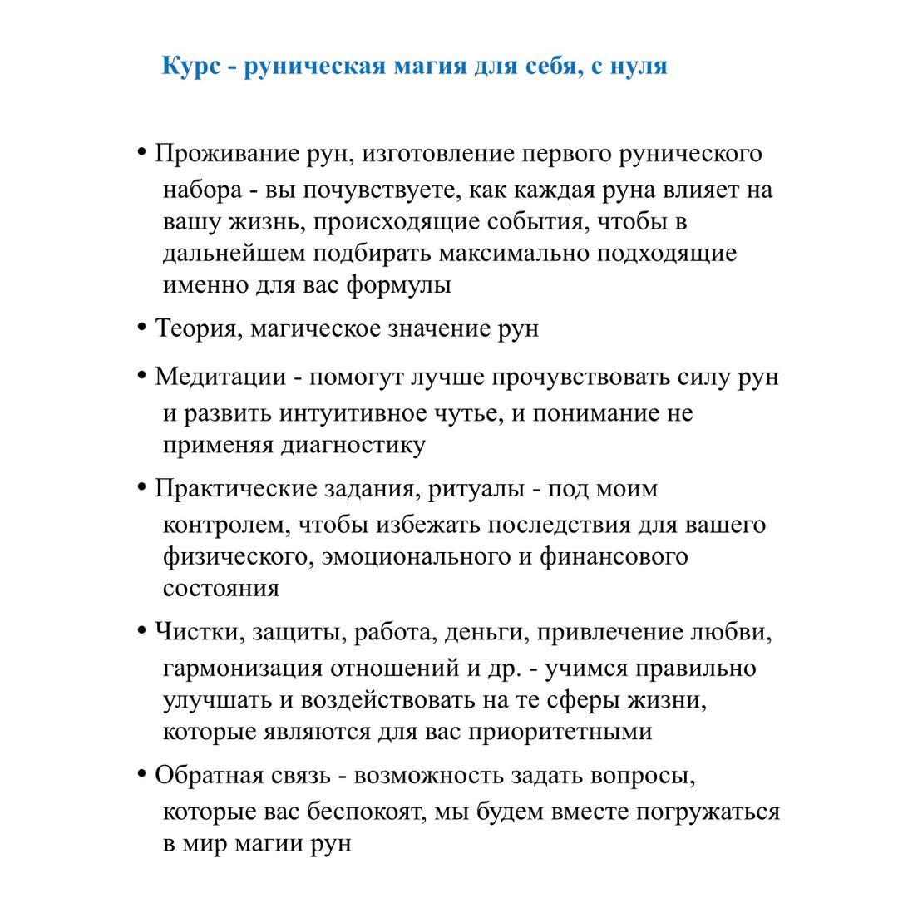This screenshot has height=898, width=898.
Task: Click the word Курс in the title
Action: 191,66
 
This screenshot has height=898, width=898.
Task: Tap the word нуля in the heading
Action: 639,66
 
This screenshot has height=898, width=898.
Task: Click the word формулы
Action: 398,285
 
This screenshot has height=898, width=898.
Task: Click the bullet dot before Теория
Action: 141,328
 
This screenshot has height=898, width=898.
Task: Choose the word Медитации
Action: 220,377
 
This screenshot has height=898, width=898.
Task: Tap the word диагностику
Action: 353,445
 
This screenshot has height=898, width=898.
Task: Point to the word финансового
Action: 614,556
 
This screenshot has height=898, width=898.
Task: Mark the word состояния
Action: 221,589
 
